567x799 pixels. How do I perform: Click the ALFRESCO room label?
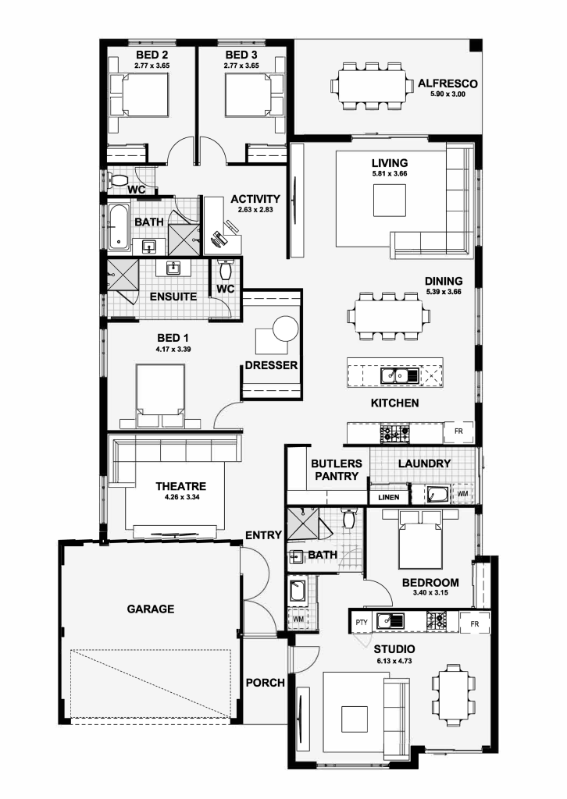(448, 83)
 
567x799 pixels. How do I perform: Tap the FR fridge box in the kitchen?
(459, 431)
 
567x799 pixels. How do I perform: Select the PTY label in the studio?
(362, 622)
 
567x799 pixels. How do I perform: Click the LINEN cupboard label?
(388, 497)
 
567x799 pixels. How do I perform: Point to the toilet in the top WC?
(119, 180)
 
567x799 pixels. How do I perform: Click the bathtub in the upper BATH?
(118, 227)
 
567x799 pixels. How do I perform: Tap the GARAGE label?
(151, 609)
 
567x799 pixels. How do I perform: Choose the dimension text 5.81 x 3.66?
(390, 174)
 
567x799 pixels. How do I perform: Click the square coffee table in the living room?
(390, 201)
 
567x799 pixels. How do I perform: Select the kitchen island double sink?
(400, 376)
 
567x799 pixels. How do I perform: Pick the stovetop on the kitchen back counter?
(394, 434)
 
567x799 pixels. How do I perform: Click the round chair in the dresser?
(286, 328)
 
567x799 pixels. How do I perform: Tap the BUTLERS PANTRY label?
(337, 469)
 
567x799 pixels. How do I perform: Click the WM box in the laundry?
(462, 494)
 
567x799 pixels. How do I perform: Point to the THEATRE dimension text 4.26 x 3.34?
(182, 497)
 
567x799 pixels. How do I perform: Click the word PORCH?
(265, 682)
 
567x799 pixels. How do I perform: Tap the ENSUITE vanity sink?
(173, 268)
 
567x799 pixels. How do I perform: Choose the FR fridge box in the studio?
(475, 623)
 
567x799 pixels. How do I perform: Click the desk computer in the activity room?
(221, 238)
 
